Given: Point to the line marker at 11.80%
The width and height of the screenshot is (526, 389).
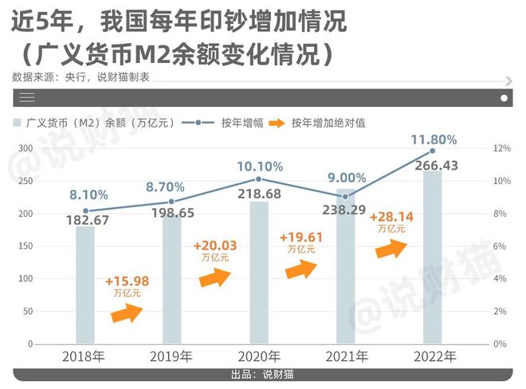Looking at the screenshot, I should tap(433, 151).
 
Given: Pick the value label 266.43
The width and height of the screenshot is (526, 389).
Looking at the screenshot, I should tap(434, 165).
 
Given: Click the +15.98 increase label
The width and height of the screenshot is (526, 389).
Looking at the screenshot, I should tap(125, 281).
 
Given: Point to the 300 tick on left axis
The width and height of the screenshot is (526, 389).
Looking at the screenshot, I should tap(25, 149).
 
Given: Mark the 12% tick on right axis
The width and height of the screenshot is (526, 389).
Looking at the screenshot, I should tap(500, 149).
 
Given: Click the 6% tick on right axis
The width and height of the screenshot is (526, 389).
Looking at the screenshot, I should tap(500, 246).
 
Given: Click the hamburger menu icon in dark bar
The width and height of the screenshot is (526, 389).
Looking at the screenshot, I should tap(28, 98).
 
